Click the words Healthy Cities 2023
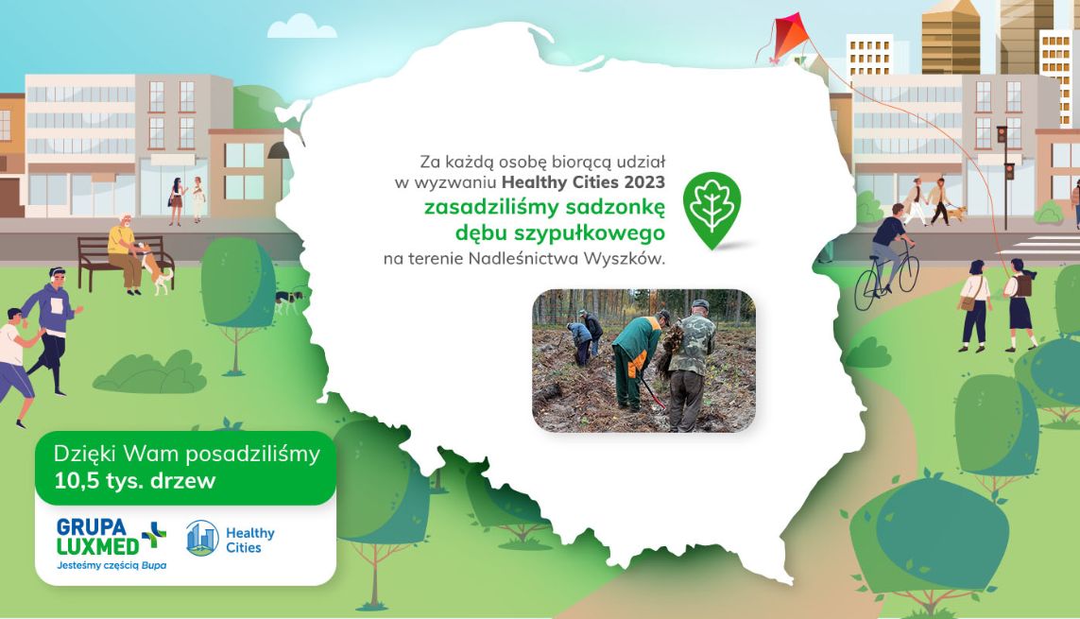(583, 182)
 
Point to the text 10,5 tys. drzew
(135, 480)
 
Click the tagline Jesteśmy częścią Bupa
(111, 565)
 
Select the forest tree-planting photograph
(644, 361)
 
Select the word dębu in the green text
(479, 232)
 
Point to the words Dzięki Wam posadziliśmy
(187, 454)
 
